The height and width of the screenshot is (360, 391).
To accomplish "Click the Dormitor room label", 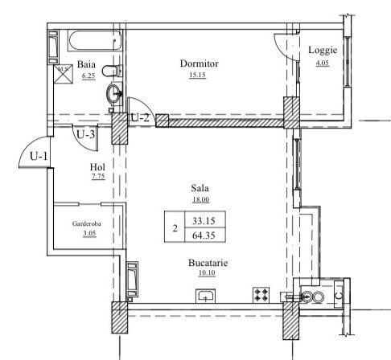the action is (x=199, y=63).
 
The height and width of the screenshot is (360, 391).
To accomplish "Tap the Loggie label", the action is (x=323, y=50).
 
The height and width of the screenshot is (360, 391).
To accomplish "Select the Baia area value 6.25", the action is (x=88, y=76).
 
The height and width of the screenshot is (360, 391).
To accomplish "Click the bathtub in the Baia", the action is (x=95, y=40).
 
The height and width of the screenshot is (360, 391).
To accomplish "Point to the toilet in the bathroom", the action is (x=112, y=71).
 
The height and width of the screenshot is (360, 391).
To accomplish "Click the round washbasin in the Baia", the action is (x=114, y=93).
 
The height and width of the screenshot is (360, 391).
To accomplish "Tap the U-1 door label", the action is (x=39, y=156).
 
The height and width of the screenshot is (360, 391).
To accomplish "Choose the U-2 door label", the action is (x=140, y=117).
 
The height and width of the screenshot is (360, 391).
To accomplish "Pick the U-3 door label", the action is (x=85, y=134).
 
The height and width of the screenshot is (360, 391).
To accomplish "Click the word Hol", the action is (x=97, y=167).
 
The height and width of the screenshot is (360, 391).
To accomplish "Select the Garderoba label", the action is (x=86, y=223).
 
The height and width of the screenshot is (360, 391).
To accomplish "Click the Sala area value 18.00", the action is (x=200, y=199).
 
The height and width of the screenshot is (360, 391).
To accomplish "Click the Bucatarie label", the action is (x=208, y=263).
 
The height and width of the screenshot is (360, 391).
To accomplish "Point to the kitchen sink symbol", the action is (x=205, y=296).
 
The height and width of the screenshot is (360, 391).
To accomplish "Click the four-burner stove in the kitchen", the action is (x=261, y=295).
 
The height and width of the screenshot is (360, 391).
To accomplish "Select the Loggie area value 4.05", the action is (x=323, y=63).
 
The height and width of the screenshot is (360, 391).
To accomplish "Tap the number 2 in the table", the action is (x=175, y=228).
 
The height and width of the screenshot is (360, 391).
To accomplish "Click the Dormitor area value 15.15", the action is (x=197, y=75).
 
